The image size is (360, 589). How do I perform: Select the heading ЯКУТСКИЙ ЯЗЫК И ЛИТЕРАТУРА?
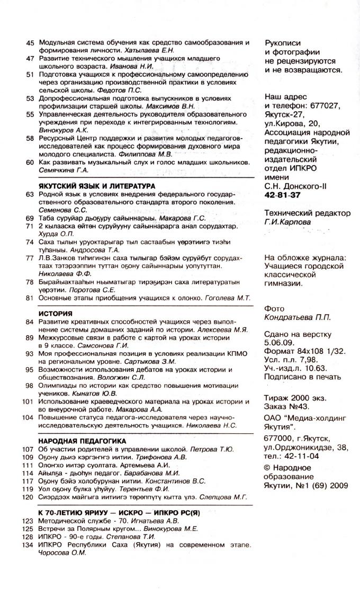(97, 186)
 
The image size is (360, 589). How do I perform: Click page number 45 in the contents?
(30, 42)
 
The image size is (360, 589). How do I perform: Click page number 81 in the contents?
(30, 298)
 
